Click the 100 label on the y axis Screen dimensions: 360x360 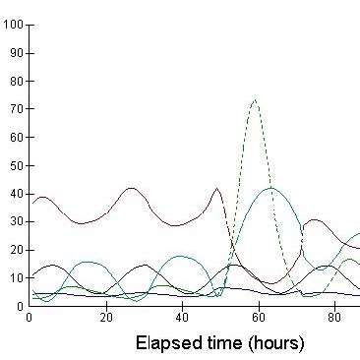point(13,25)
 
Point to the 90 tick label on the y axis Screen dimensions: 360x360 point(16,53)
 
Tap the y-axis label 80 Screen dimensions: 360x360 point(16,81)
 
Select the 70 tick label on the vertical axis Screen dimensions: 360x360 point(16,109)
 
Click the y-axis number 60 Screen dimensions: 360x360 point(16,137)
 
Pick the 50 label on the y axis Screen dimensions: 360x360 point(16,165)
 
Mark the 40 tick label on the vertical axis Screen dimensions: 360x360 point(16,194)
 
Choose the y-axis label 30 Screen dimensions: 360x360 point(16,221)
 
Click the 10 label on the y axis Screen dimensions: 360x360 point(16,278)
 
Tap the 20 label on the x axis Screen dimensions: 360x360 point(106,318)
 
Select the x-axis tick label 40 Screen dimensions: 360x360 point(183,318)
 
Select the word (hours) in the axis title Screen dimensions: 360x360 point(277,343)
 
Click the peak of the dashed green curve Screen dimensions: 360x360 point(255,99)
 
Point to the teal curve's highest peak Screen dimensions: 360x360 point(270,188)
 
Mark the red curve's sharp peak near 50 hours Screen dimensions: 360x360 point(217,188)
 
